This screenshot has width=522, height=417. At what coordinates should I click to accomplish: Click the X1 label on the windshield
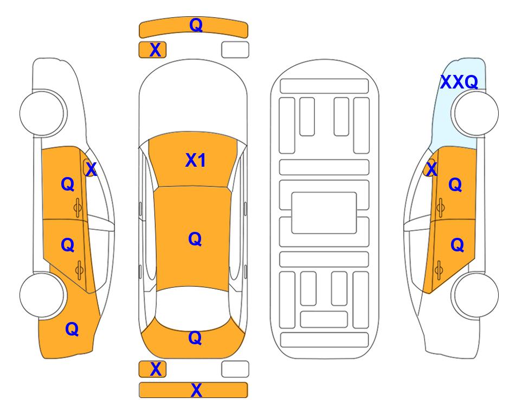point(196,160)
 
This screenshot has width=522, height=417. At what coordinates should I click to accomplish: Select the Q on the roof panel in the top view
point(195,239)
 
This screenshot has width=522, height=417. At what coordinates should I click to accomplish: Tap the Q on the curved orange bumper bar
point(196,24)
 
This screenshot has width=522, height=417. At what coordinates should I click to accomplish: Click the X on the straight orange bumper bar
point(196,390)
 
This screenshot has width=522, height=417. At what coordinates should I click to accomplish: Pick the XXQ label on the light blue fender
point(460,82)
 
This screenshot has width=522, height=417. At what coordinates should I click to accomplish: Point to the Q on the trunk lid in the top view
point(195,338)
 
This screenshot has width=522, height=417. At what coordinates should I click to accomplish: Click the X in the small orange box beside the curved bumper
point(155,50)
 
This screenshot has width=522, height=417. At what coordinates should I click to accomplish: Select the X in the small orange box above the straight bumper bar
point(156,369)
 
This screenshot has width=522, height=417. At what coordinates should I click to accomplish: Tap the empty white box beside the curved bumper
point(235,50)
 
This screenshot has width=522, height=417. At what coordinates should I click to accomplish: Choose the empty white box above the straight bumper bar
point(235,369)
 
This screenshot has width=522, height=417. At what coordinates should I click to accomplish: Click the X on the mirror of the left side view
point(91,169)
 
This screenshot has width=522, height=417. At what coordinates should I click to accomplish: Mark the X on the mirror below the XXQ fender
point(431,169)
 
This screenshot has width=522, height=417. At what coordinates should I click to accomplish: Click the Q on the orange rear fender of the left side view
point(72,329)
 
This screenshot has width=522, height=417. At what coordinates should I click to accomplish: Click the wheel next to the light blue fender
point(476,113)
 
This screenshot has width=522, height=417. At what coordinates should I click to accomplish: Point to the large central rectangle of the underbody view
point(324,213)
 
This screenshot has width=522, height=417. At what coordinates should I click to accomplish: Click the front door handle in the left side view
point(78,208)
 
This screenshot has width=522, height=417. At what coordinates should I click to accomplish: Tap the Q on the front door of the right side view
point(455,185)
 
